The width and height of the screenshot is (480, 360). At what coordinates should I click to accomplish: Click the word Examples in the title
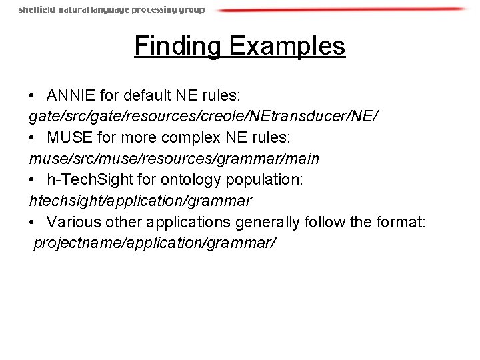coord(287,46)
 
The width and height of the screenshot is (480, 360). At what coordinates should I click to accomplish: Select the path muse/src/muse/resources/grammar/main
coord(174,159)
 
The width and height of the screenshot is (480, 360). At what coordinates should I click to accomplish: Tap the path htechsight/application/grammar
coord(140,201)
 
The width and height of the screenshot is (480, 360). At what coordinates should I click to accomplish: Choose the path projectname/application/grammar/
coord(153,243)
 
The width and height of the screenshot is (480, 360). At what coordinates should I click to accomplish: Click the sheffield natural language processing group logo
coord(111,10)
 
